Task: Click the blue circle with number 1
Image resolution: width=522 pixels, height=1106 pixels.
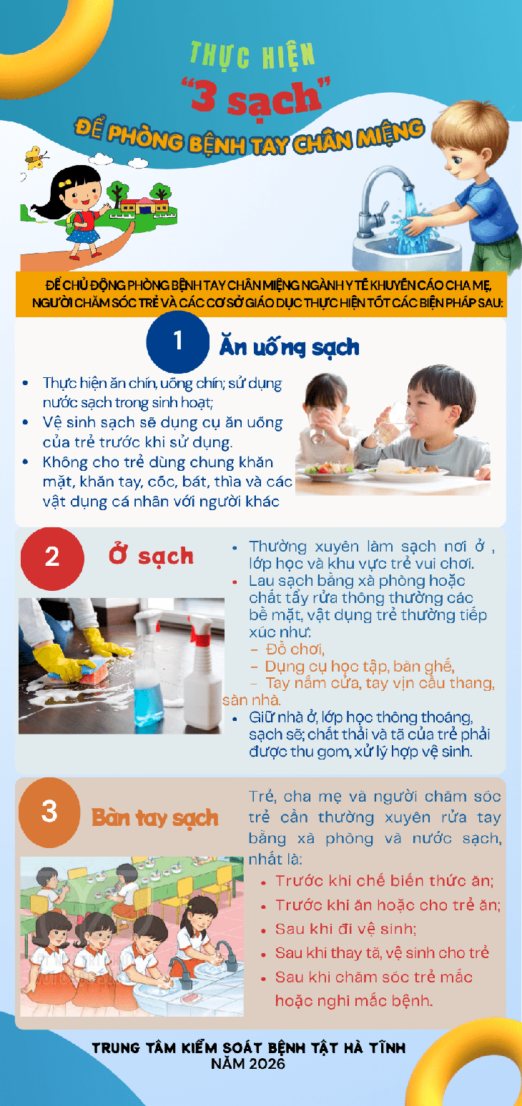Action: coord(178,342)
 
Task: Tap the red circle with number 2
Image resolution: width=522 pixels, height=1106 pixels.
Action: coord(52,559)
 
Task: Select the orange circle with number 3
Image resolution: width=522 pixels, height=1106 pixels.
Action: coord(49,812)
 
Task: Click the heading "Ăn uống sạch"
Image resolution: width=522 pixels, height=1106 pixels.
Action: coord(289,347)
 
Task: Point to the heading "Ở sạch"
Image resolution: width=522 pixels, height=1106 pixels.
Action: coord(152,555)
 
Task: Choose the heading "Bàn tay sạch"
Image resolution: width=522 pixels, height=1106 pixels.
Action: coord(155,818)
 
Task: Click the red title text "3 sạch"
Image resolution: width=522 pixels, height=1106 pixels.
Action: coord(256,96)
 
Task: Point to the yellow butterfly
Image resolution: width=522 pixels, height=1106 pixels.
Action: coord(36,157)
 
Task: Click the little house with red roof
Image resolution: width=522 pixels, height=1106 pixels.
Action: coord(144,205)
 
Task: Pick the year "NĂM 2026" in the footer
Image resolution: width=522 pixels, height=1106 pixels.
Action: coord(248,1063)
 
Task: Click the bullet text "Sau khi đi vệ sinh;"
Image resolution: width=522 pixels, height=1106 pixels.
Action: coord(345,930)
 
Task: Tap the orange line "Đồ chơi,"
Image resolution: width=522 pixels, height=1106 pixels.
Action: coord(295,649)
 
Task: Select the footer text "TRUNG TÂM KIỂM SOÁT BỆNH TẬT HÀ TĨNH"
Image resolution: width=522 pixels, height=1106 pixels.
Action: coord(249,1047)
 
